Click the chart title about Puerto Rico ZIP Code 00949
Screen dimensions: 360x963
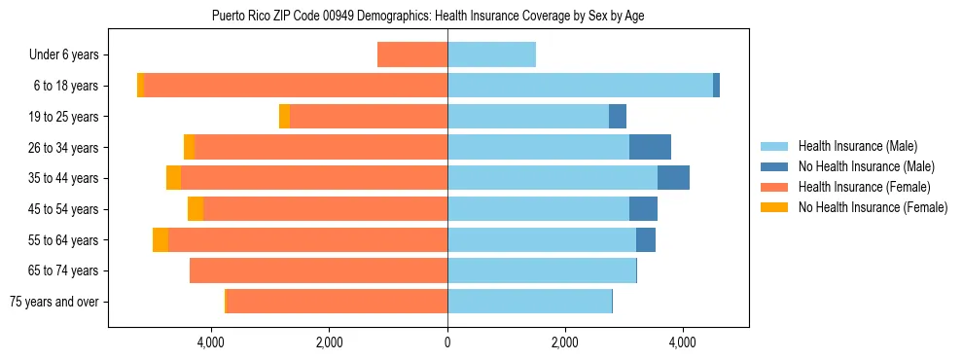click(428, 16)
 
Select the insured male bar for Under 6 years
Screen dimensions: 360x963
click(491, 54)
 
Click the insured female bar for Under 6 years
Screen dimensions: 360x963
click(412, 54)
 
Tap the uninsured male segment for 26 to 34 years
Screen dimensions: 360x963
click(650, 147)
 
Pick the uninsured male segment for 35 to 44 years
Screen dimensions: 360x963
click(673, 178)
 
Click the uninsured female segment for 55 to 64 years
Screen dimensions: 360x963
click(160, 239)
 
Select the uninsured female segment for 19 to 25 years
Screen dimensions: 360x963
click(284, 117)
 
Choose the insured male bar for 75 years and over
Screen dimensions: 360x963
click(529, 302)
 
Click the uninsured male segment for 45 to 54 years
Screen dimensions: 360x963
click(643, 209)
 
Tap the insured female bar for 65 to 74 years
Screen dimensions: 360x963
click(318, 270)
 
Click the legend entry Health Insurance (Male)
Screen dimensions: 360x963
click(857, 146)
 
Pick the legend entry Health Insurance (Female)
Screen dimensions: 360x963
click(863, 187)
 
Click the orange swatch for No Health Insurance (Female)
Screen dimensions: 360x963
click(775, 207)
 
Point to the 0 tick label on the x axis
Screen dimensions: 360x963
click(447, 342)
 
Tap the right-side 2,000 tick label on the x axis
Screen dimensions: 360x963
click(565, 342)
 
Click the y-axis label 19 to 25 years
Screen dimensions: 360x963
click(63, 117)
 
